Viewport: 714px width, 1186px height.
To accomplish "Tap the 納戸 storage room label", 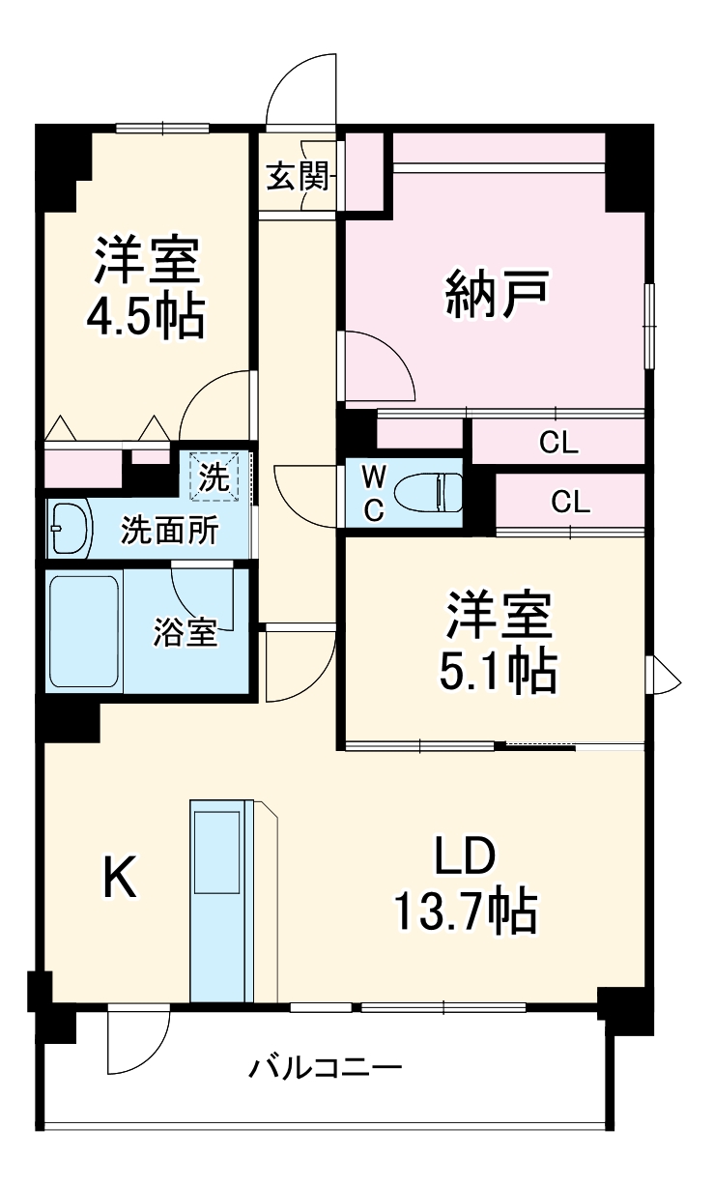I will [x=498, y=295].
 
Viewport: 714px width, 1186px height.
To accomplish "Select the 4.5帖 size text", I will [x=146, y=316].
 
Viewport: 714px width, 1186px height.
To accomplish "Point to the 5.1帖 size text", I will [x=498, y=670].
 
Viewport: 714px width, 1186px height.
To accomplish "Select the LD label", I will [x=464, y=856].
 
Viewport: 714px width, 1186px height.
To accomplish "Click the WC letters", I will [x=373, y=493].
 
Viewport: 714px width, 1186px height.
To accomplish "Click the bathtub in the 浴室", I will [x=84, y=632].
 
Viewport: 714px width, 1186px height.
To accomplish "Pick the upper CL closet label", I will [x=558, y=443].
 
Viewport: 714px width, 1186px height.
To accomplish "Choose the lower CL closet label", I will [x=570, y=502].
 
